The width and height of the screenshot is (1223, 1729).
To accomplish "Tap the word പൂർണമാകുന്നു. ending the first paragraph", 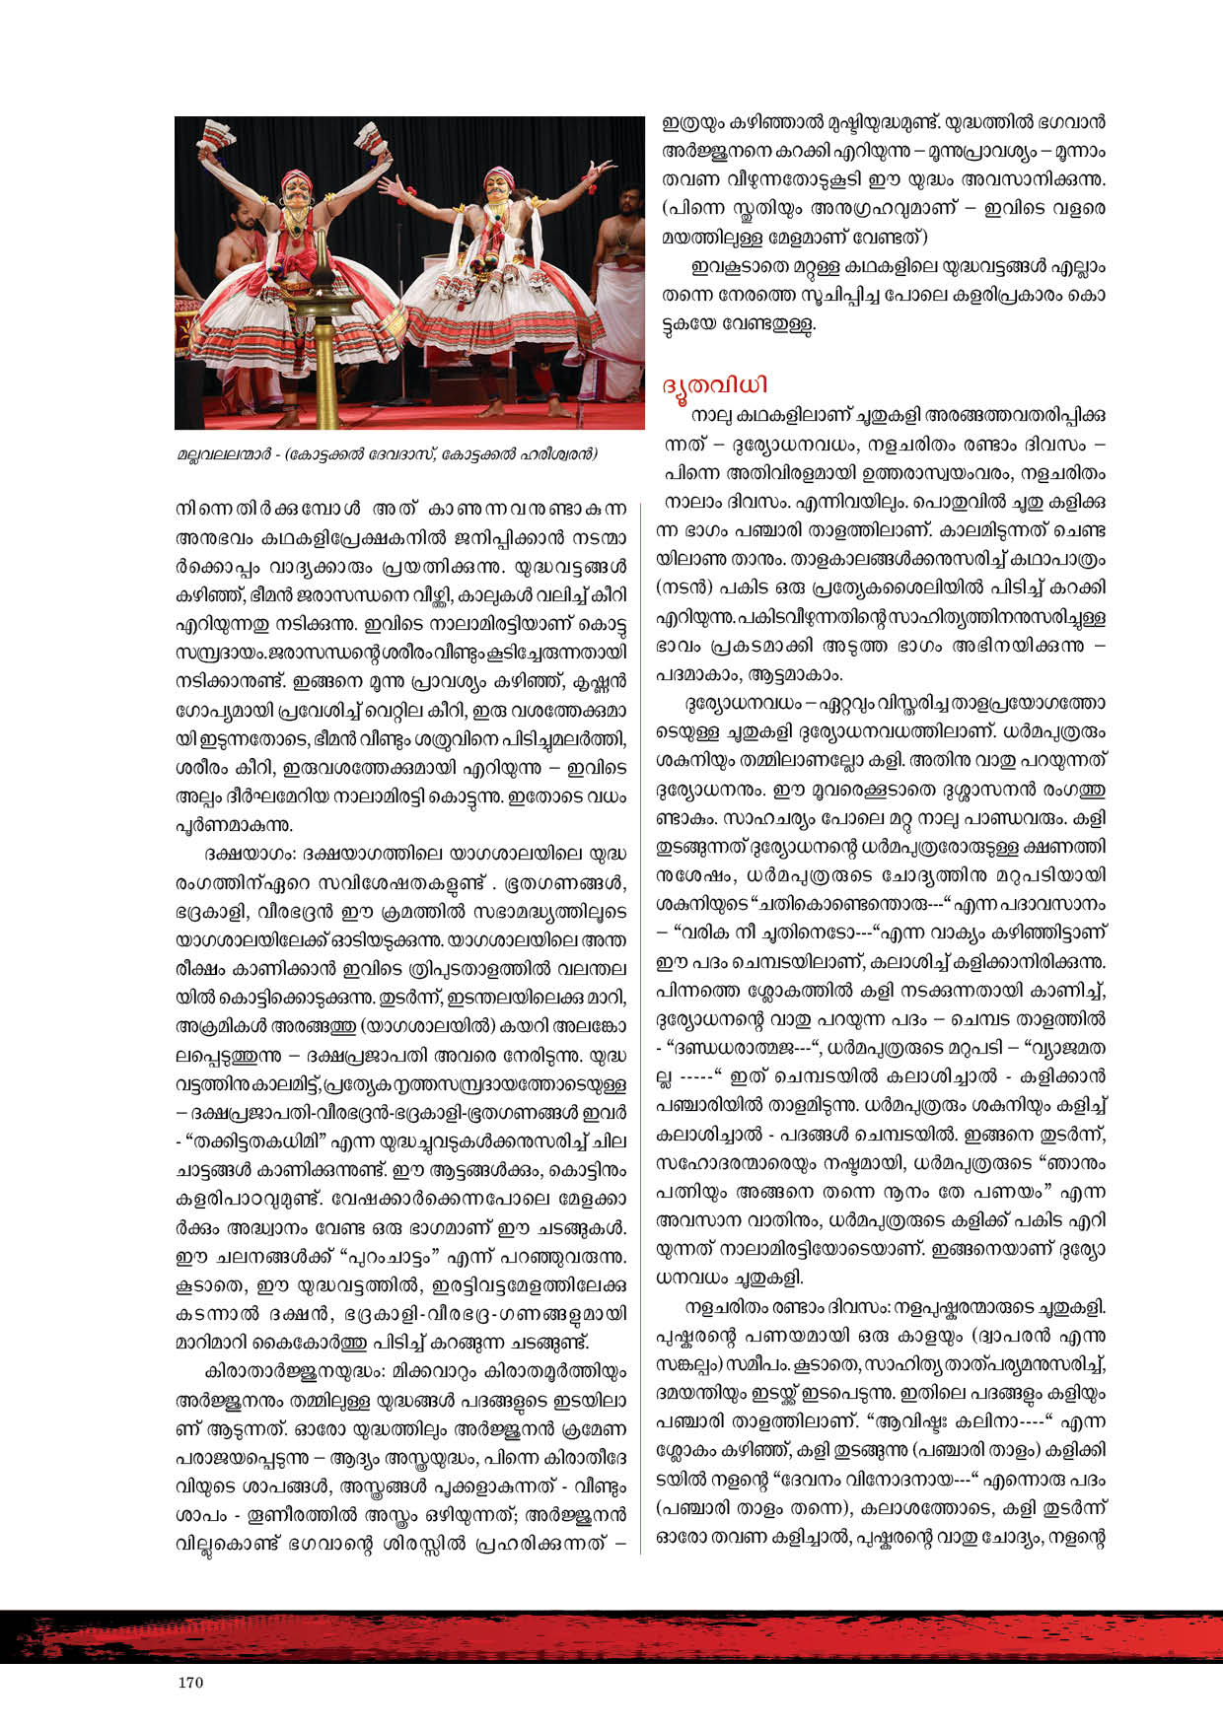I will [x=233, y=823].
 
